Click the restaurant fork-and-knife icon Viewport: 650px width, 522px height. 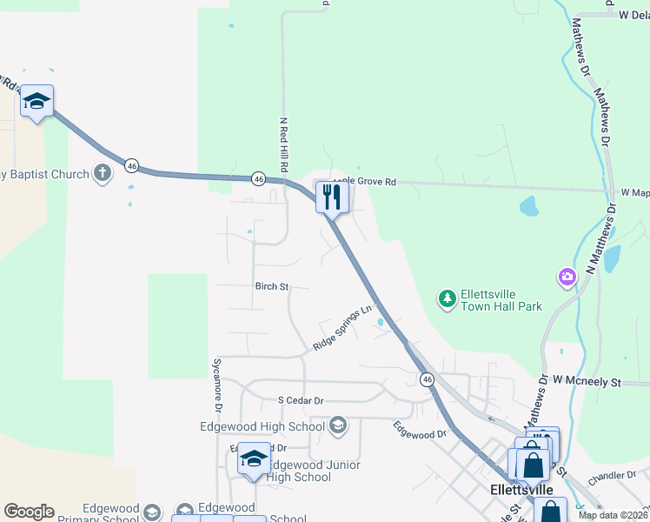pyautogui.click(x=331, y=197)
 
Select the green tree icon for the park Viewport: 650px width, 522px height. pyautogui.click(x=447, y=299)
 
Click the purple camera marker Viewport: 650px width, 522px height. pyautogui.click(x=567, y=277)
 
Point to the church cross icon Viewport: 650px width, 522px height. pyautogui.click(x=103, y=173)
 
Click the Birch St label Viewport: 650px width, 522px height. pyautogui.click(x=271, y=285)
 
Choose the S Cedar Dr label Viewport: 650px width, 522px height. pyautogui.click(x=301, y=400)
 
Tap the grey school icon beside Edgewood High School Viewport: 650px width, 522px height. pyautogui.click(x=338, y=425)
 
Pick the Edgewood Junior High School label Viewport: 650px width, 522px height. pyautogui.click(x=300, y=471)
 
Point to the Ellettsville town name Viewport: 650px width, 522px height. pyautogui.click(x=521, y=490)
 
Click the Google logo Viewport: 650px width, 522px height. pyautogui.click(x=29, y=512)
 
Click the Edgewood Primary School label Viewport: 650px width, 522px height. pyautogui.click(x=96, y=513)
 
